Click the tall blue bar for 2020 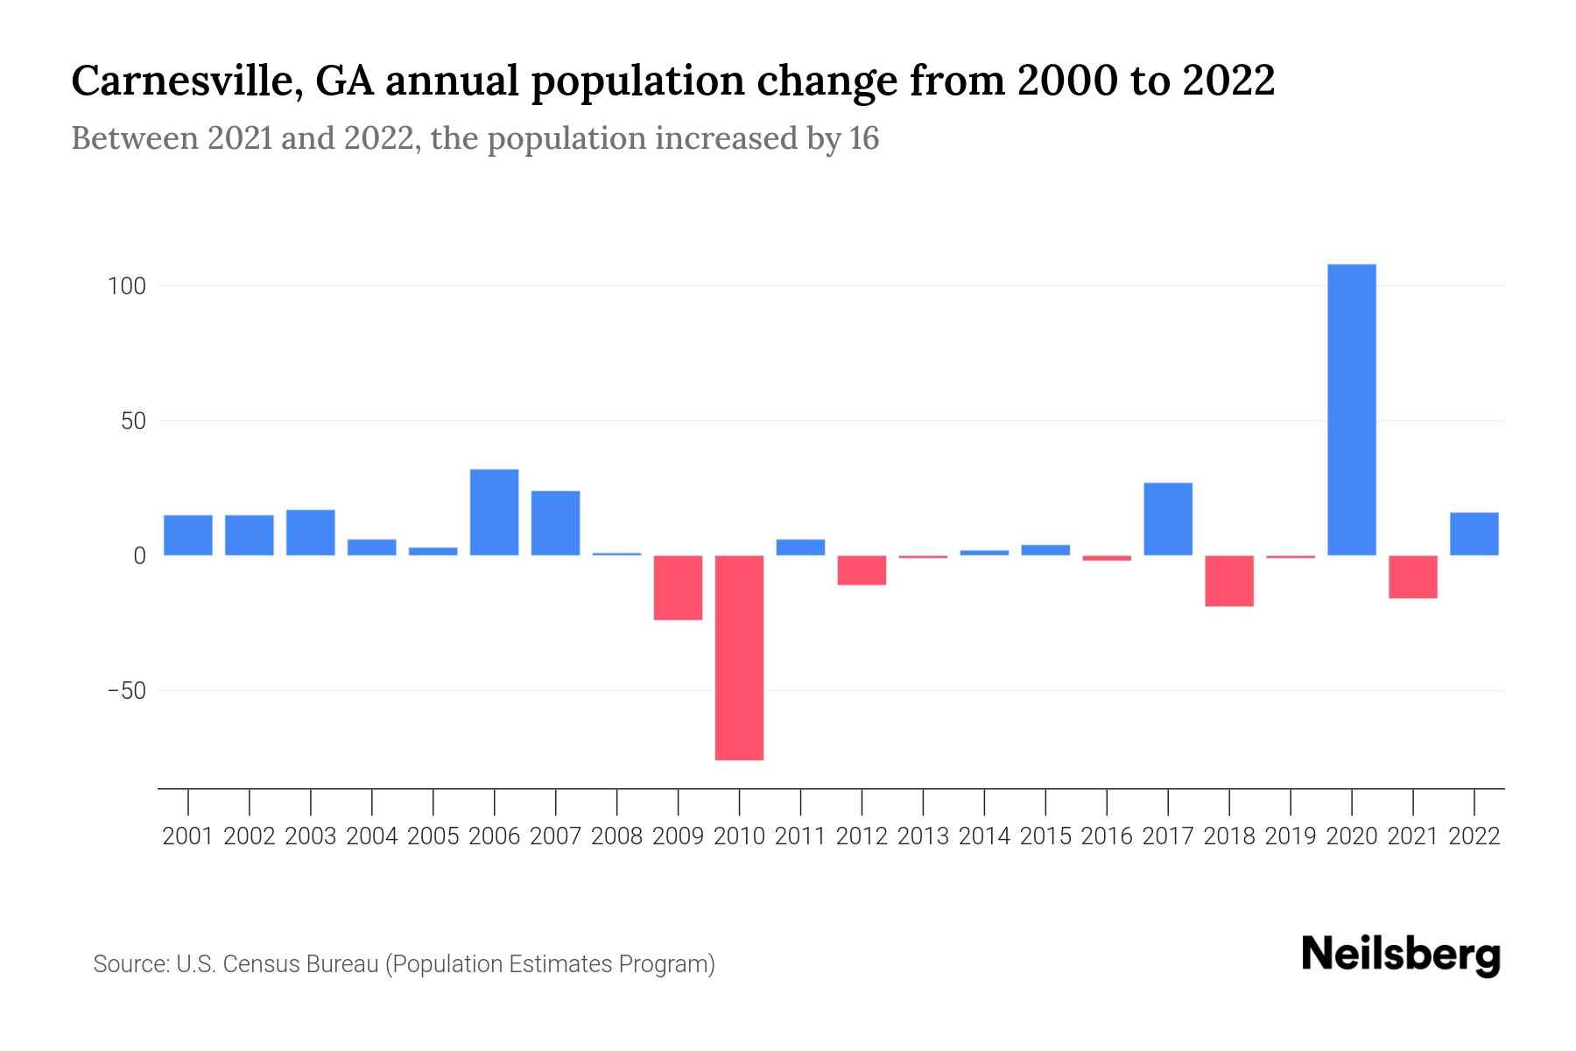click(1351, 410)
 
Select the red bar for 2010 click(739, 658)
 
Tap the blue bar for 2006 click(494, 512)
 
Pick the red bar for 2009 click(678, 588)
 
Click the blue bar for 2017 click(1167, 519)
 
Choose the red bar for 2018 click(1228, 581)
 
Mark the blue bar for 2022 click(1474, 534)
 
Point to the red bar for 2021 click(1412, 577)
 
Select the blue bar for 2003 click(310, 533)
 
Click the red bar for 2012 click(862, 570)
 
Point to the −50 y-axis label click(126, 691)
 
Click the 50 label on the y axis click(133, 421)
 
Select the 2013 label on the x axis click(923, 836)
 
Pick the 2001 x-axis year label click(188, 836)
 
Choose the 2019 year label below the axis click(1290, 836)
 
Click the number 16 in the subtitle click(863, 138)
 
